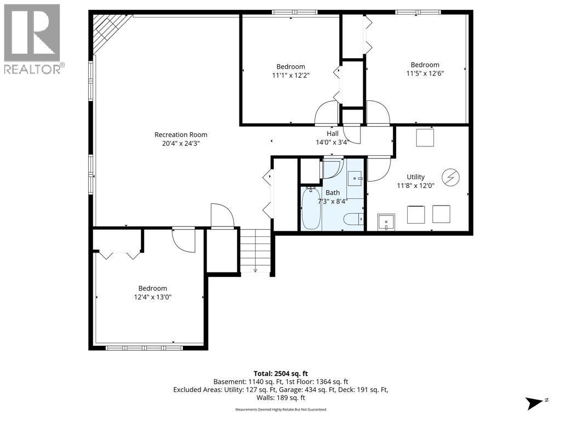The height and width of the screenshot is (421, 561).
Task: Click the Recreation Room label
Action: (181, 135)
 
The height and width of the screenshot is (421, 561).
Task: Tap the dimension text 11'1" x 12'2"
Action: (290, 75)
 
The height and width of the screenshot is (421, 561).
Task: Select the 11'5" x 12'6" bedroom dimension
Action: (425, 73)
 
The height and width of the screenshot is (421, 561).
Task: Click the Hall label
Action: (333, 134)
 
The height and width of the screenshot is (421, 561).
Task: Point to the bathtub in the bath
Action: (311, 209)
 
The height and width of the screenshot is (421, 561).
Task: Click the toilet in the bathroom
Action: (353, 219)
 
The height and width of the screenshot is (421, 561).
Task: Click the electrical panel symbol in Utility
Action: (450, 177)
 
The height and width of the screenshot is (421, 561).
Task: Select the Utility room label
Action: (416, 177)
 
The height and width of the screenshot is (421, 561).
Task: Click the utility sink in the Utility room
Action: (386, 223)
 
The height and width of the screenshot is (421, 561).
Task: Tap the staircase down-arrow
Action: (255, 270)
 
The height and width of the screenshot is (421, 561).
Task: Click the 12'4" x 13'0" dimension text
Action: (153, 297)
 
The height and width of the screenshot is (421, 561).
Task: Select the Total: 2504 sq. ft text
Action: (281, 374)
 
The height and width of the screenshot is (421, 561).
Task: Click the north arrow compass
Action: (536, 403)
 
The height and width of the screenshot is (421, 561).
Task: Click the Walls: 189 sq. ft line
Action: (281, 398)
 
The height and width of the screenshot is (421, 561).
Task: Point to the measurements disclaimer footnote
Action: (281, 409)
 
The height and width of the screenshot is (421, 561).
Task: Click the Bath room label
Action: (333, 192)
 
